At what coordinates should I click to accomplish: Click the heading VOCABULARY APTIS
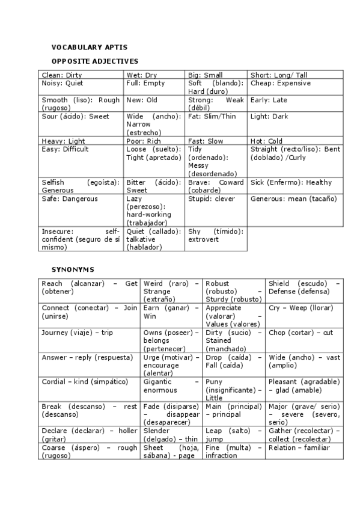(89, 47)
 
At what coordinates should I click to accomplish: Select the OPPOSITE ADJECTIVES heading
(94, 61)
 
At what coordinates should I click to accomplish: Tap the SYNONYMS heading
(72, 269)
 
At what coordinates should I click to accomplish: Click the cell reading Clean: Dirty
(61, 75)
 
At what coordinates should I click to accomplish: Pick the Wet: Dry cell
(141, 75)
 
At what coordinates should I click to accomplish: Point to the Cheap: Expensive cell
(281, 84)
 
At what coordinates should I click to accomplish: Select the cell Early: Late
(269, 100)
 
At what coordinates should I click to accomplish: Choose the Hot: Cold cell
(266, 141)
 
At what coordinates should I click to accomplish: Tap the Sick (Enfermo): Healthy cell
(291, 183)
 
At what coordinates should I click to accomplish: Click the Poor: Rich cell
(144, 141)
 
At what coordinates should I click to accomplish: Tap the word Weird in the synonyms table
(154, 283)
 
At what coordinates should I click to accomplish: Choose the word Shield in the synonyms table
(280, 283)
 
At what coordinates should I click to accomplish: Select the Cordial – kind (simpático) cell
(85, 382)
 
